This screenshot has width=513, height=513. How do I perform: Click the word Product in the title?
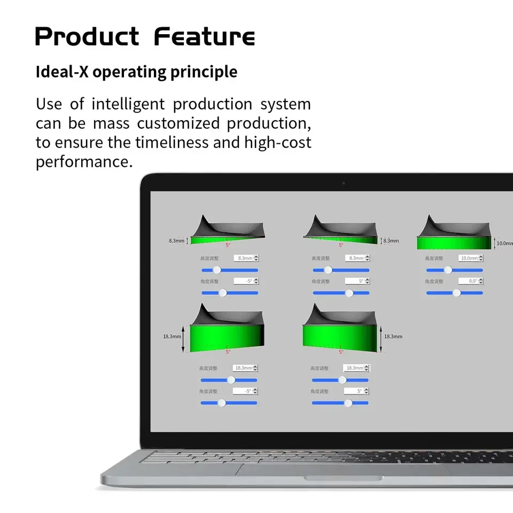[x=87, y=37]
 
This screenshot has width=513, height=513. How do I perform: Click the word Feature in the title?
[x=204, y=37]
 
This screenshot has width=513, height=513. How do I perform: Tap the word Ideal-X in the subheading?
[x=61, y=72]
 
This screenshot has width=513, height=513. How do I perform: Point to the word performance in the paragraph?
[x=84, y=162]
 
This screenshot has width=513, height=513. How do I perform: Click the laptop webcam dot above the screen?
[x=343, y=183]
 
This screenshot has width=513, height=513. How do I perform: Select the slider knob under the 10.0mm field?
[x=448, y=270]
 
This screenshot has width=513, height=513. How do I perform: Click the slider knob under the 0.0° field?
[x=456, y=293]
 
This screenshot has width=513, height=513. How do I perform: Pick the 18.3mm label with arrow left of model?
[x=172, y=337]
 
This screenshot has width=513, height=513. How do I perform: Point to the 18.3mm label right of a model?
[x=393, y=337]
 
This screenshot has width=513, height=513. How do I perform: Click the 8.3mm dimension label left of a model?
[x=176, y=240]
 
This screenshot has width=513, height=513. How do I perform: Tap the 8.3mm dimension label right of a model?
[x=391, y=240]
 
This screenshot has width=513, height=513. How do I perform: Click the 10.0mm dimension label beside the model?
[x=504, y=243]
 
